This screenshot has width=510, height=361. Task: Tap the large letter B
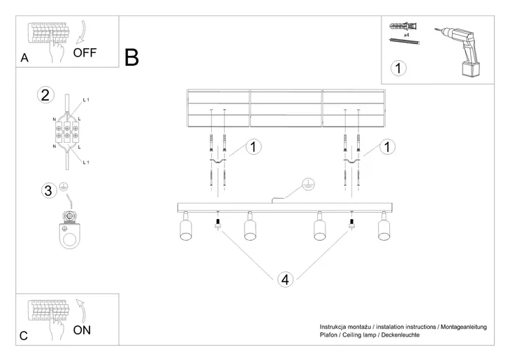(131, 57)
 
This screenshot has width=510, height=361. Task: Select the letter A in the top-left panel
(24, 59)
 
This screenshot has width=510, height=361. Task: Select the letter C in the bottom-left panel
(23, 337)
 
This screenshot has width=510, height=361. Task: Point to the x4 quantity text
(406, 34)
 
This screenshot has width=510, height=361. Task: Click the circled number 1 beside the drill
(398, 69)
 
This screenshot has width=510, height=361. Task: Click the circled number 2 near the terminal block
(45, 96)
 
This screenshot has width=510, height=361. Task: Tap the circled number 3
(47, 191)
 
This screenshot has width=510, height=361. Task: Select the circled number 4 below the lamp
(284, 279)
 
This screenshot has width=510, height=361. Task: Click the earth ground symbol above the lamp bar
(305, 185)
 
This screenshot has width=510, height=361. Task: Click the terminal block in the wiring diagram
(67, 131)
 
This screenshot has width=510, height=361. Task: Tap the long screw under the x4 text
(405, 42)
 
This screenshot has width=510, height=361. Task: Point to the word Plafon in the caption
(329, 335)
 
